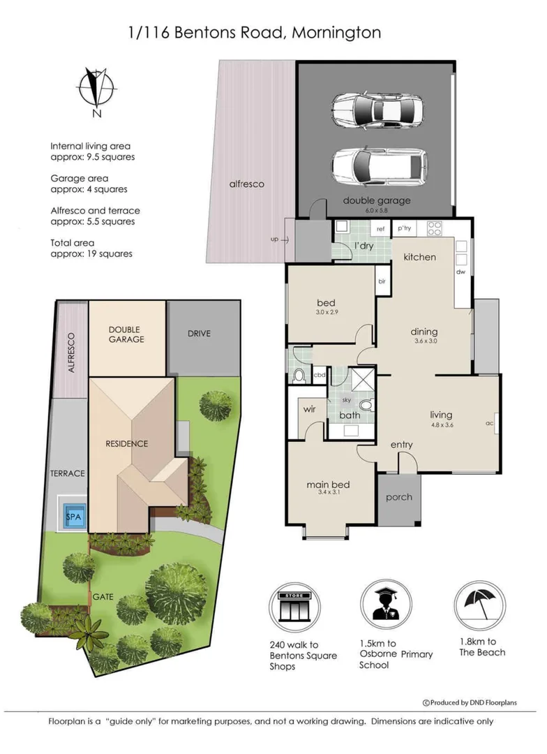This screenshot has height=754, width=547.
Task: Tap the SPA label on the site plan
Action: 73,517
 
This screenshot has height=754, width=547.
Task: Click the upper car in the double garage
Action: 377,110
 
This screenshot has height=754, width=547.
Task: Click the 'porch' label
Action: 399,497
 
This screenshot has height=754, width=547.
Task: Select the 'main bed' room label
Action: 328,485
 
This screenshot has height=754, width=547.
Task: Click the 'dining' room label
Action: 424,332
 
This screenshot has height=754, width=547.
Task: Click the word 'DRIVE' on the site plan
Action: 198,334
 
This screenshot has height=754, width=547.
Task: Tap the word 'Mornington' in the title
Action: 338,32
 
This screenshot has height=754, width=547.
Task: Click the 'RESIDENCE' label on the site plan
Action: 127,443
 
